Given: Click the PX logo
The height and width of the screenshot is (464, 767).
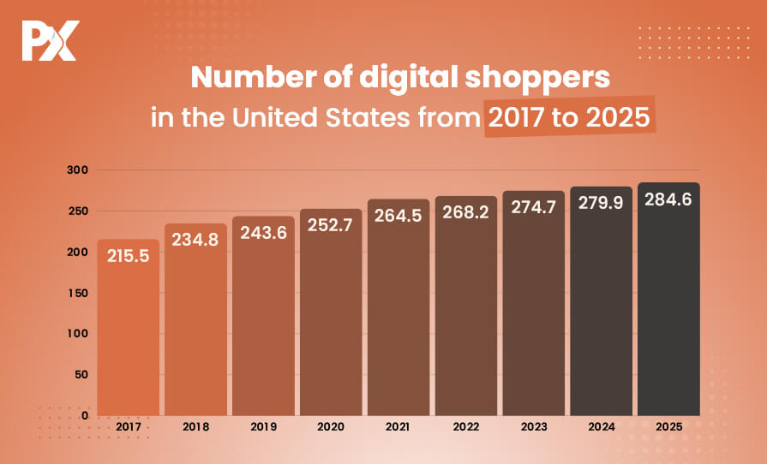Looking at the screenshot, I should click(50, 40).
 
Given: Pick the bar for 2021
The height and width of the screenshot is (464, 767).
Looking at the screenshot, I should click(398, 317).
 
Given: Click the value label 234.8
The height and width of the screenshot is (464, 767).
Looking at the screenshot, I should click(196, 240).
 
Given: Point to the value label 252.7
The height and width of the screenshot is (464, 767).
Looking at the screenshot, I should click(331, 224).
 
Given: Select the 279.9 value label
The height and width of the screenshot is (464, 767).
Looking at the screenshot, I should click(601, 203).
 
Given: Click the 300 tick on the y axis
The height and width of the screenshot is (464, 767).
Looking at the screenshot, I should click(78, 170).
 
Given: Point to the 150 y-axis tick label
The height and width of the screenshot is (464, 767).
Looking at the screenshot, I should click(78, 293).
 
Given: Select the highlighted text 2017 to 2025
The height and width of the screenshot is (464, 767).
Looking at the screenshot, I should click(568, 117).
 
